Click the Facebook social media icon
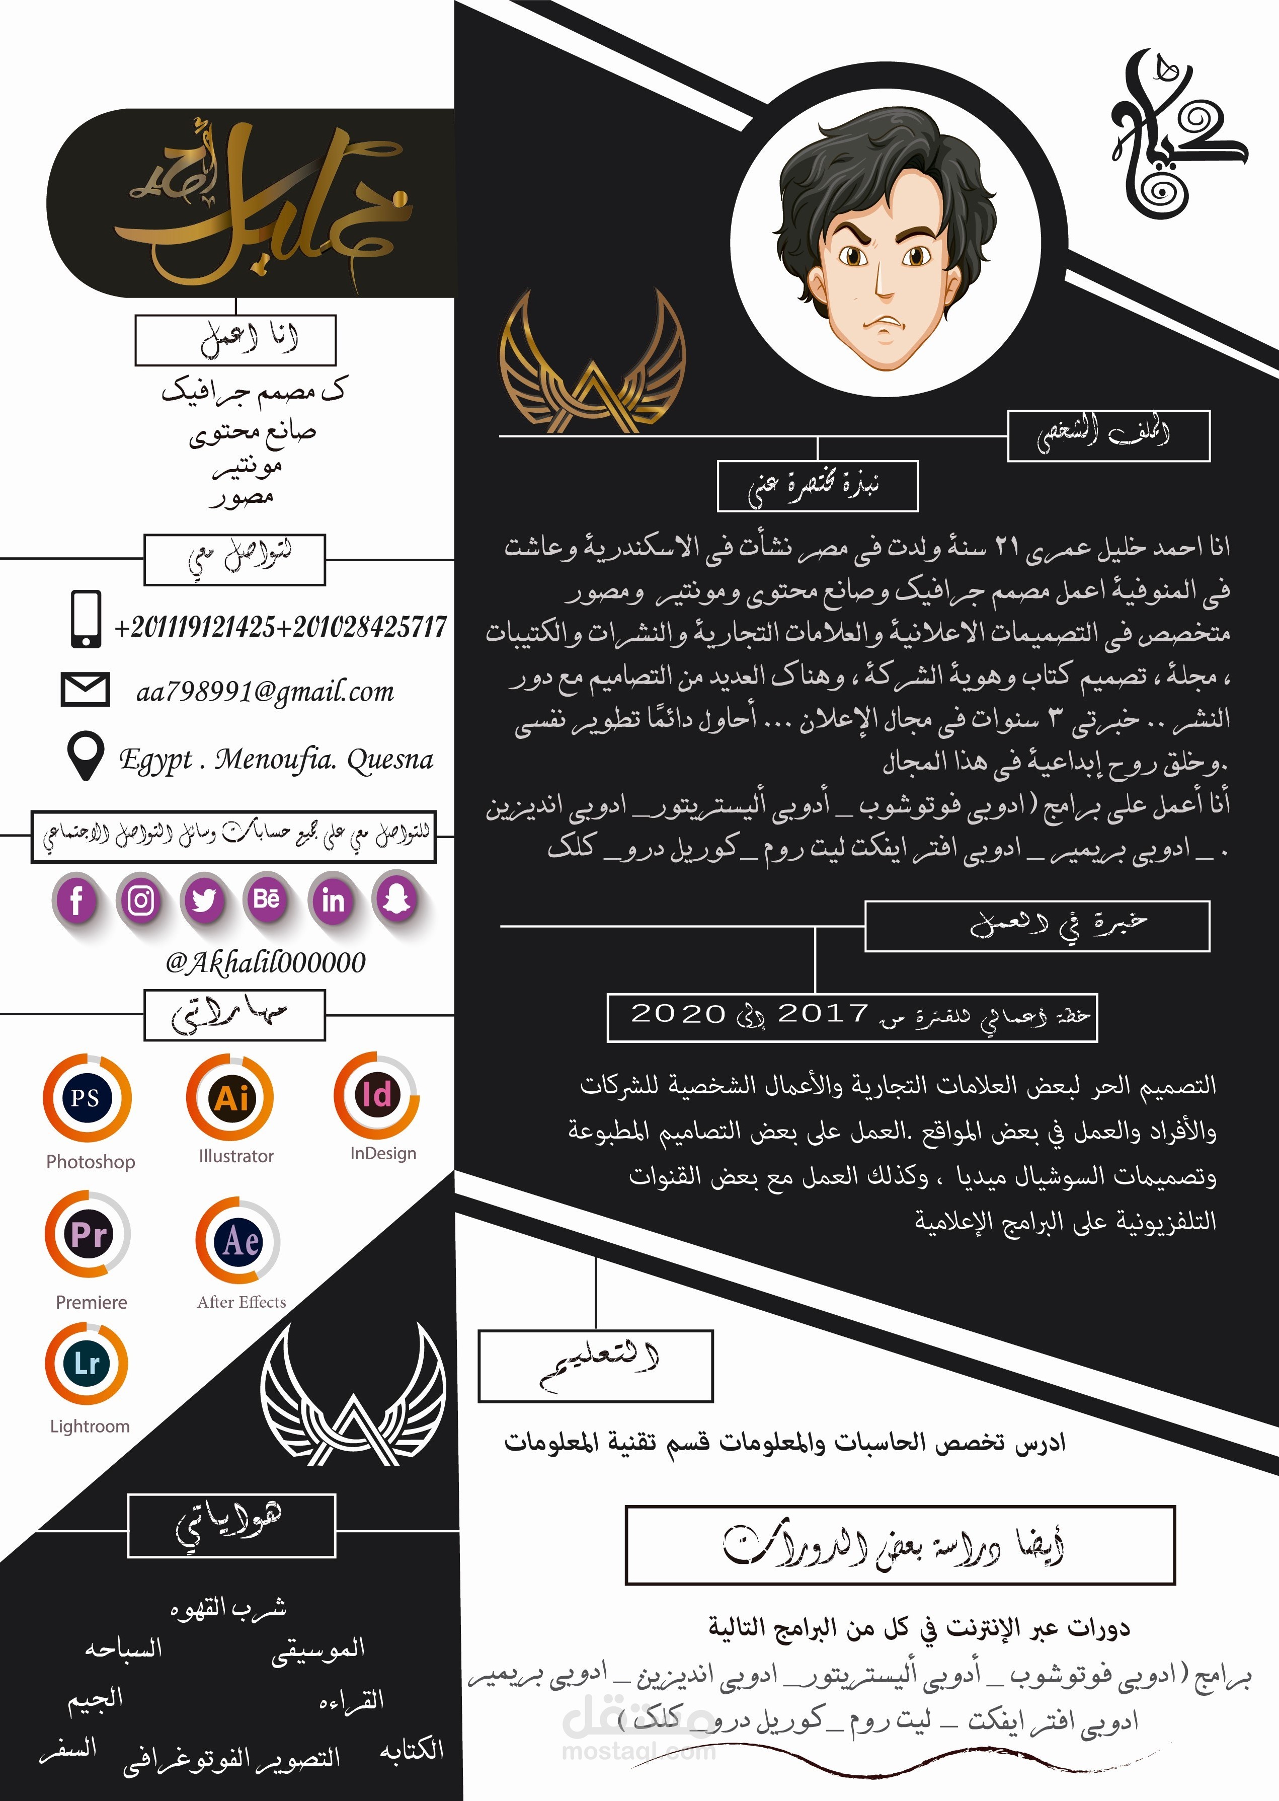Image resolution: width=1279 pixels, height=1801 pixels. tap(76, 899)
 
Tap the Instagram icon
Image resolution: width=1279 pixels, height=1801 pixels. tap(141, 899)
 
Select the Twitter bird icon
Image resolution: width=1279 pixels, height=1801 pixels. tap(204, 899)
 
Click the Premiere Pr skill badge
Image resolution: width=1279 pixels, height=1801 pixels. tap(88, 1235)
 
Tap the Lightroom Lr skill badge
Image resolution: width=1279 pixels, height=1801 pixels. tap(87, 1363)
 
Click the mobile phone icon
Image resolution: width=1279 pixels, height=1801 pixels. tap(86, 619)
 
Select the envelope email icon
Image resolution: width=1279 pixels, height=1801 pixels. tap(85, 690)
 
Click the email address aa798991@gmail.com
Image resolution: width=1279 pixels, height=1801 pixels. tap(265, 692)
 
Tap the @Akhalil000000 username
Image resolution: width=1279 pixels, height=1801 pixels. tap(265, 962)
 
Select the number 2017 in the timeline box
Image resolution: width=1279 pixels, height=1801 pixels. tap(823, 1014)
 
